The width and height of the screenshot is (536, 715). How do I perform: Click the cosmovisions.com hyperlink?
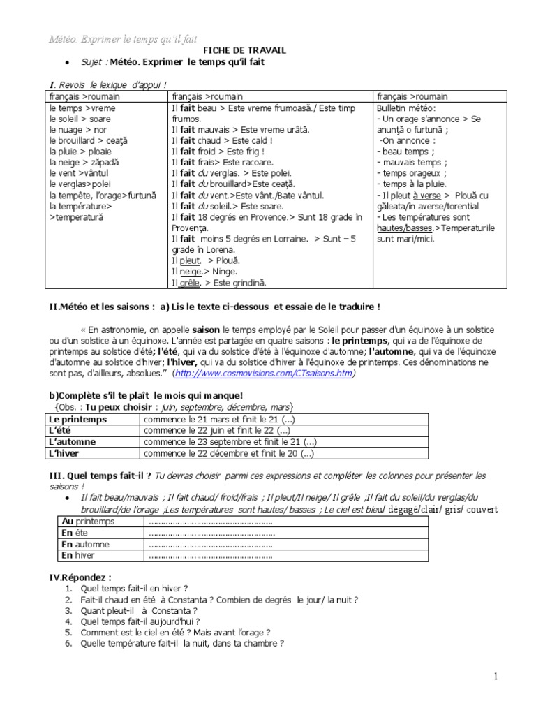click(265, 374)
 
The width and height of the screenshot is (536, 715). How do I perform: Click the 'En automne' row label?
click(83, 545)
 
